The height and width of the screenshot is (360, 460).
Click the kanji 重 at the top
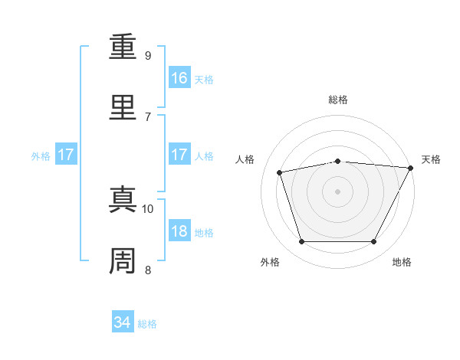(123, 46)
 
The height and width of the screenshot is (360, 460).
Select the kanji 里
(123, 107)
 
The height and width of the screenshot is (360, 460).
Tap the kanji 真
(123, 199)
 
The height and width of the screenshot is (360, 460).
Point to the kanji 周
(123, 260)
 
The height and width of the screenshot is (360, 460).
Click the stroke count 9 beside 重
(148, 56)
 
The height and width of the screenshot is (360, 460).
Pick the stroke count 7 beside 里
(148, 117)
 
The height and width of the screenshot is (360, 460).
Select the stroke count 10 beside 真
(147, 209)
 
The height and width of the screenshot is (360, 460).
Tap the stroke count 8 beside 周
(148, 270)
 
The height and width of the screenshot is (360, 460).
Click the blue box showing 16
(179, 77)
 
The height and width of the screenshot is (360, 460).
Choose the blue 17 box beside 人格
(179, 154)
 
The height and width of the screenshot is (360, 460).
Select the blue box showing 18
(179, 230)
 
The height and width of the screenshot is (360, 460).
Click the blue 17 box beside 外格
(66, 154)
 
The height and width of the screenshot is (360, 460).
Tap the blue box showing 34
(123, 321)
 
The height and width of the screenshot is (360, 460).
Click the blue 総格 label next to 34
(147, 324)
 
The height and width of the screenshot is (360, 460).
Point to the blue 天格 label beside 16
(204, 80)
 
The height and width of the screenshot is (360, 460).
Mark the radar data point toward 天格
(411, 168)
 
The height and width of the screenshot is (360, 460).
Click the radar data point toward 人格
(280, 172)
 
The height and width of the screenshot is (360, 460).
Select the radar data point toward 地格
(373, 241)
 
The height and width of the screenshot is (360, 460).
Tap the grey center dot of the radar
(337, 191)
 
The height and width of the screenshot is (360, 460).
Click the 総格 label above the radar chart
(338, 100)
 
